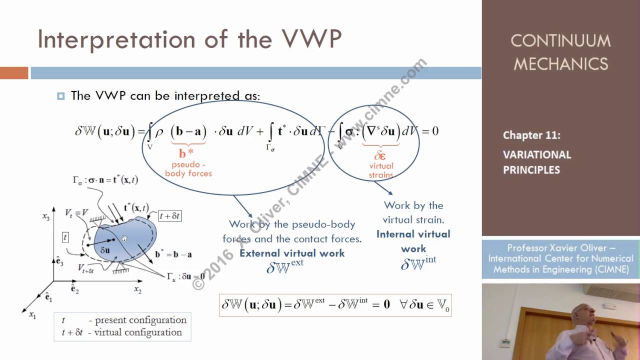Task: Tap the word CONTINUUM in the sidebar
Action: click(x=560, y=41)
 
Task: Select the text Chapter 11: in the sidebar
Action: click(x=531, y=135)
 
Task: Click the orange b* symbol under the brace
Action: click(x=186, y=153)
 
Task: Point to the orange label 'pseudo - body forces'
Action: click(x=188, y=169)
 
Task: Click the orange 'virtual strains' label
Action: click(x=381, y=170)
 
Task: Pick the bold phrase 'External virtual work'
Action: click(x=292, y=253)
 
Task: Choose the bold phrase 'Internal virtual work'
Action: click(x=413, y=241)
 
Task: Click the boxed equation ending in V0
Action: click(x=335, y=305)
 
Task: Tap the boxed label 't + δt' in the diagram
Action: click(x=169, y=216)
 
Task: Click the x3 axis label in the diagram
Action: click(x=45, y=217)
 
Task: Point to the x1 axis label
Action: click(x=32, y=315)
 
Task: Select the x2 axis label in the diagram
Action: click(x=137, y=289)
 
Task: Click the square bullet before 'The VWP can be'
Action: click(x=61, y=96)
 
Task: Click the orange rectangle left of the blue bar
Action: click(x=14, y=73)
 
